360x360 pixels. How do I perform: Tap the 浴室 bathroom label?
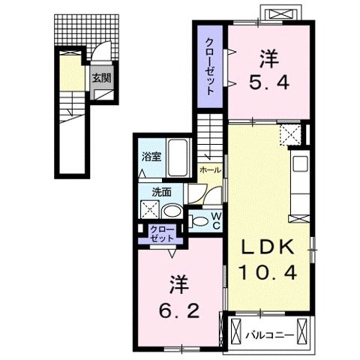click(152, 157)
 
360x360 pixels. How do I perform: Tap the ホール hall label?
click(211, 170)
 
